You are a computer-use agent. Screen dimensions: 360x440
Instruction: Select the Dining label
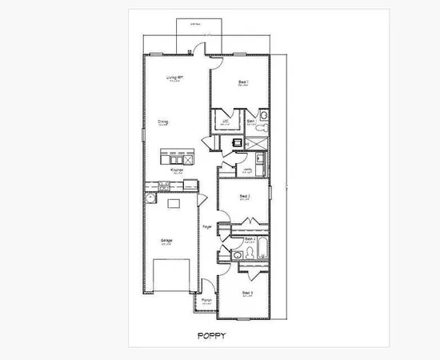pos(162,122)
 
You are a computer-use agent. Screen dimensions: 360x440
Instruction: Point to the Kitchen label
pos(178,170)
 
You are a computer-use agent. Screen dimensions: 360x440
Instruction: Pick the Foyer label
pos(206,228)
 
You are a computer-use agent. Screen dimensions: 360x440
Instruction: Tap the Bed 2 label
pos(246,196)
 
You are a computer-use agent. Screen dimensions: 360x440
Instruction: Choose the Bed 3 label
pos(247,293)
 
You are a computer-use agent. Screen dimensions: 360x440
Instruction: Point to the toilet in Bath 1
pos(265,126)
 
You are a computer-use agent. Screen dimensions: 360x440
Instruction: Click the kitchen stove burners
pos(164,186)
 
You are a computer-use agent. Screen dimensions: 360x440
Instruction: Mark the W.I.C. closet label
pos(226,121)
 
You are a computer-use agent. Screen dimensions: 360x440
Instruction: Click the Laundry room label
pos(248,169)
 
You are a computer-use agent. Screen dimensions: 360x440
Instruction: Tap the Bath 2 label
pos(249,238)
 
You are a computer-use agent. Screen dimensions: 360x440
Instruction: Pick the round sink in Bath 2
pos(238,254)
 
